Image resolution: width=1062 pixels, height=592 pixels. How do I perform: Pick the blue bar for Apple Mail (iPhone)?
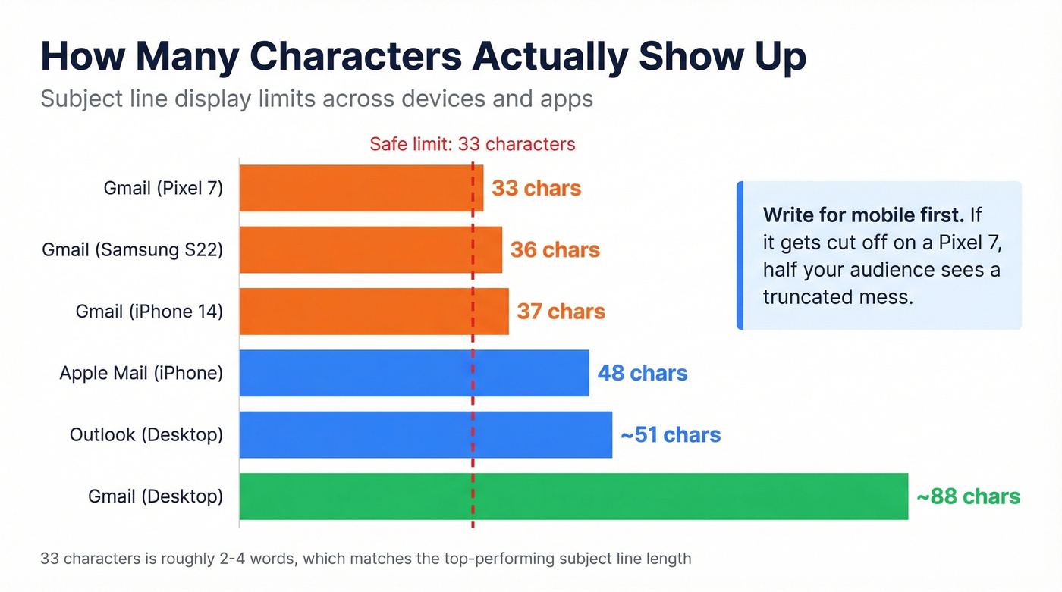413,373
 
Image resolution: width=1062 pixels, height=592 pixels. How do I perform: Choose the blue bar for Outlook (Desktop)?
425,434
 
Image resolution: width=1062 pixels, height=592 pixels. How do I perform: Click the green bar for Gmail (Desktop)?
573,496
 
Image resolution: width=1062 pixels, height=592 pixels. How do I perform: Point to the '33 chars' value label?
536,188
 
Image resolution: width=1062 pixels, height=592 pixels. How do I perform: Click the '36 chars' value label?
555,249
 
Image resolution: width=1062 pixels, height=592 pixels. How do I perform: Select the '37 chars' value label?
561,311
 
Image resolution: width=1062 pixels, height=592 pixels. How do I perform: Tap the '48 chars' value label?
643,373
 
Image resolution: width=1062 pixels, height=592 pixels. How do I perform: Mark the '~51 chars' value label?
670,434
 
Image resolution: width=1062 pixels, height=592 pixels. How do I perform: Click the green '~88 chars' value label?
968,496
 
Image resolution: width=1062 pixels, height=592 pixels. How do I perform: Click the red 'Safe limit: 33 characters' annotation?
472,144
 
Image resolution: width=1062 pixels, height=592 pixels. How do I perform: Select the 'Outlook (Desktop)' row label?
146,434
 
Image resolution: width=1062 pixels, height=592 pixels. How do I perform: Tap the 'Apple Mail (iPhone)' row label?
141,373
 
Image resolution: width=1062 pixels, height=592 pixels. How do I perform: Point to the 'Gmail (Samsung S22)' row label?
133,249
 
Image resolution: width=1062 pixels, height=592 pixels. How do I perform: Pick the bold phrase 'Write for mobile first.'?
863,215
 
